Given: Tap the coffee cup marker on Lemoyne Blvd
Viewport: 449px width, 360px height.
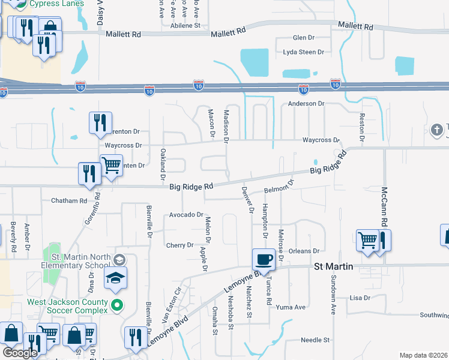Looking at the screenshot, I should [x=263, y=260].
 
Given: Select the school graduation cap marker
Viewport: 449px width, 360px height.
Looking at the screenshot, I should [x=115, y=278].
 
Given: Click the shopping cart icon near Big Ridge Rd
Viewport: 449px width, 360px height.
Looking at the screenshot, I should [x=111, y=164].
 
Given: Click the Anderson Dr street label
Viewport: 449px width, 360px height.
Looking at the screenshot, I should [x=306, y=103].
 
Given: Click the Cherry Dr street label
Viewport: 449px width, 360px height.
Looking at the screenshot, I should [x=180, y=245].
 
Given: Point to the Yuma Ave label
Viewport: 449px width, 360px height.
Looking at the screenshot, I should [x=291, y=307].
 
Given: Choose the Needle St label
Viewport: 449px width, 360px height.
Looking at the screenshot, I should [x=316, y=340].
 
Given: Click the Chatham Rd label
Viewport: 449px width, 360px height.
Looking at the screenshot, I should [x=69, y=200].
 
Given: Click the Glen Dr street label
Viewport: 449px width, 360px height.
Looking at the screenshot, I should [x=303, y=37].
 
